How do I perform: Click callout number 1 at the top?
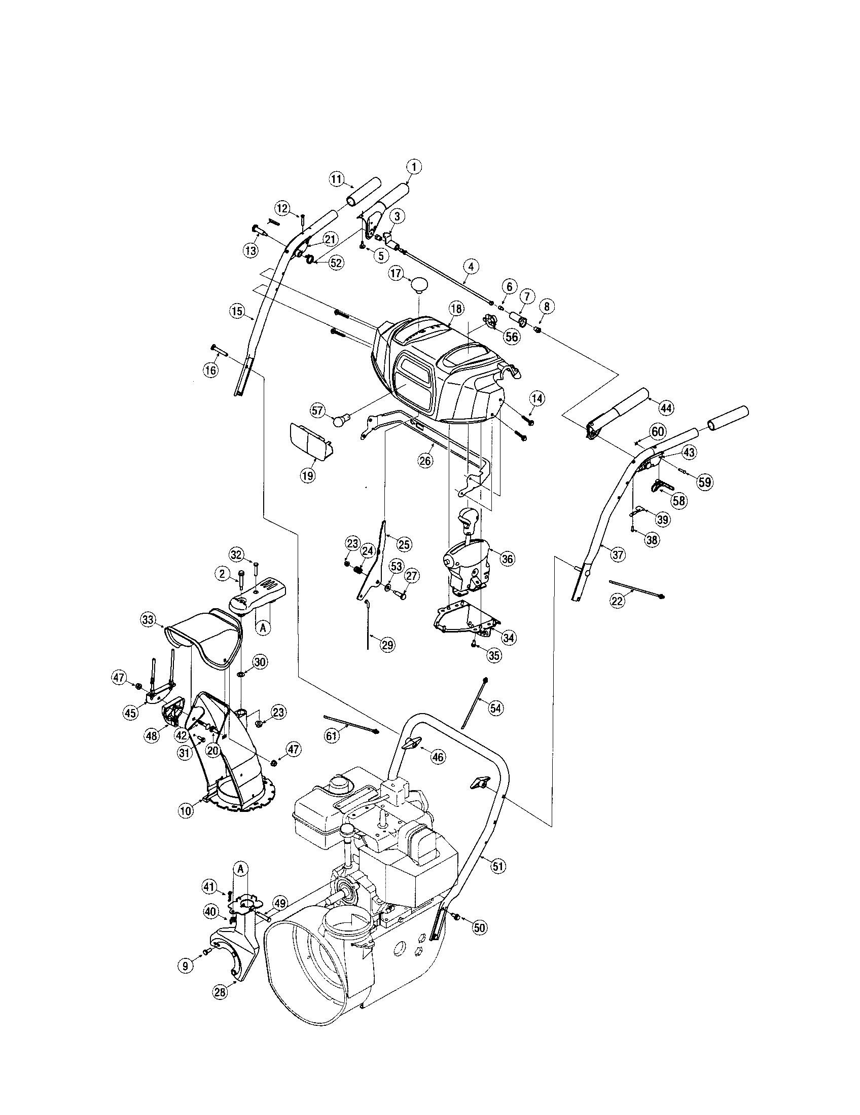point(414,166)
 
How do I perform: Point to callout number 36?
point(507,559)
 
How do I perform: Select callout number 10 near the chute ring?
point(186,810)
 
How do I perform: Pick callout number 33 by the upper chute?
point(148,620)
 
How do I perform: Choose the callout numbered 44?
point(666,407)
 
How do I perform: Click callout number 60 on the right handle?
point(658,431)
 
